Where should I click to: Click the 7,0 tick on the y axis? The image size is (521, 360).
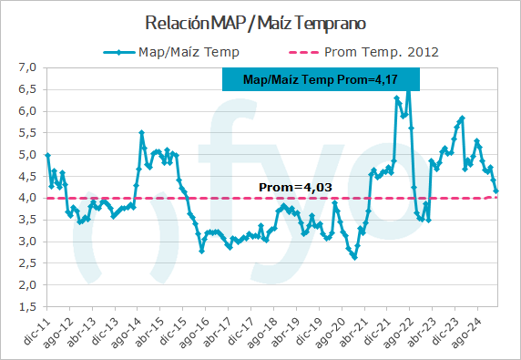(x=27, y=67)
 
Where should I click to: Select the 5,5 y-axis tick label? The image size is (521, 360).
(x=27, y=133)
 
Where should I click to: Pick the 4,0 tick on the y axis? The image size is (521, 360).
(x=27, y=198)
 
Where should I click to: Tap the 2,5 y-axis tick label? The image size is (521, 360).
(x=27, y=263)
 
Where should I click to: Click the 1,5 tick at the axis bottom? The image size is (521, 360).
(x=27, y=307)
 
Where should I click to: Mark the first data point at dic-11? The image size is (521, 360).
(x=47, y=155)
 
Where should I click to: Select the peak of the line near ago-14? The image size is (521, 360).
(x=141, y=132)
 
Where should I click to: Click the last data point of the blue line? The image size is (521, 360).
(x=496, y=191)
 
